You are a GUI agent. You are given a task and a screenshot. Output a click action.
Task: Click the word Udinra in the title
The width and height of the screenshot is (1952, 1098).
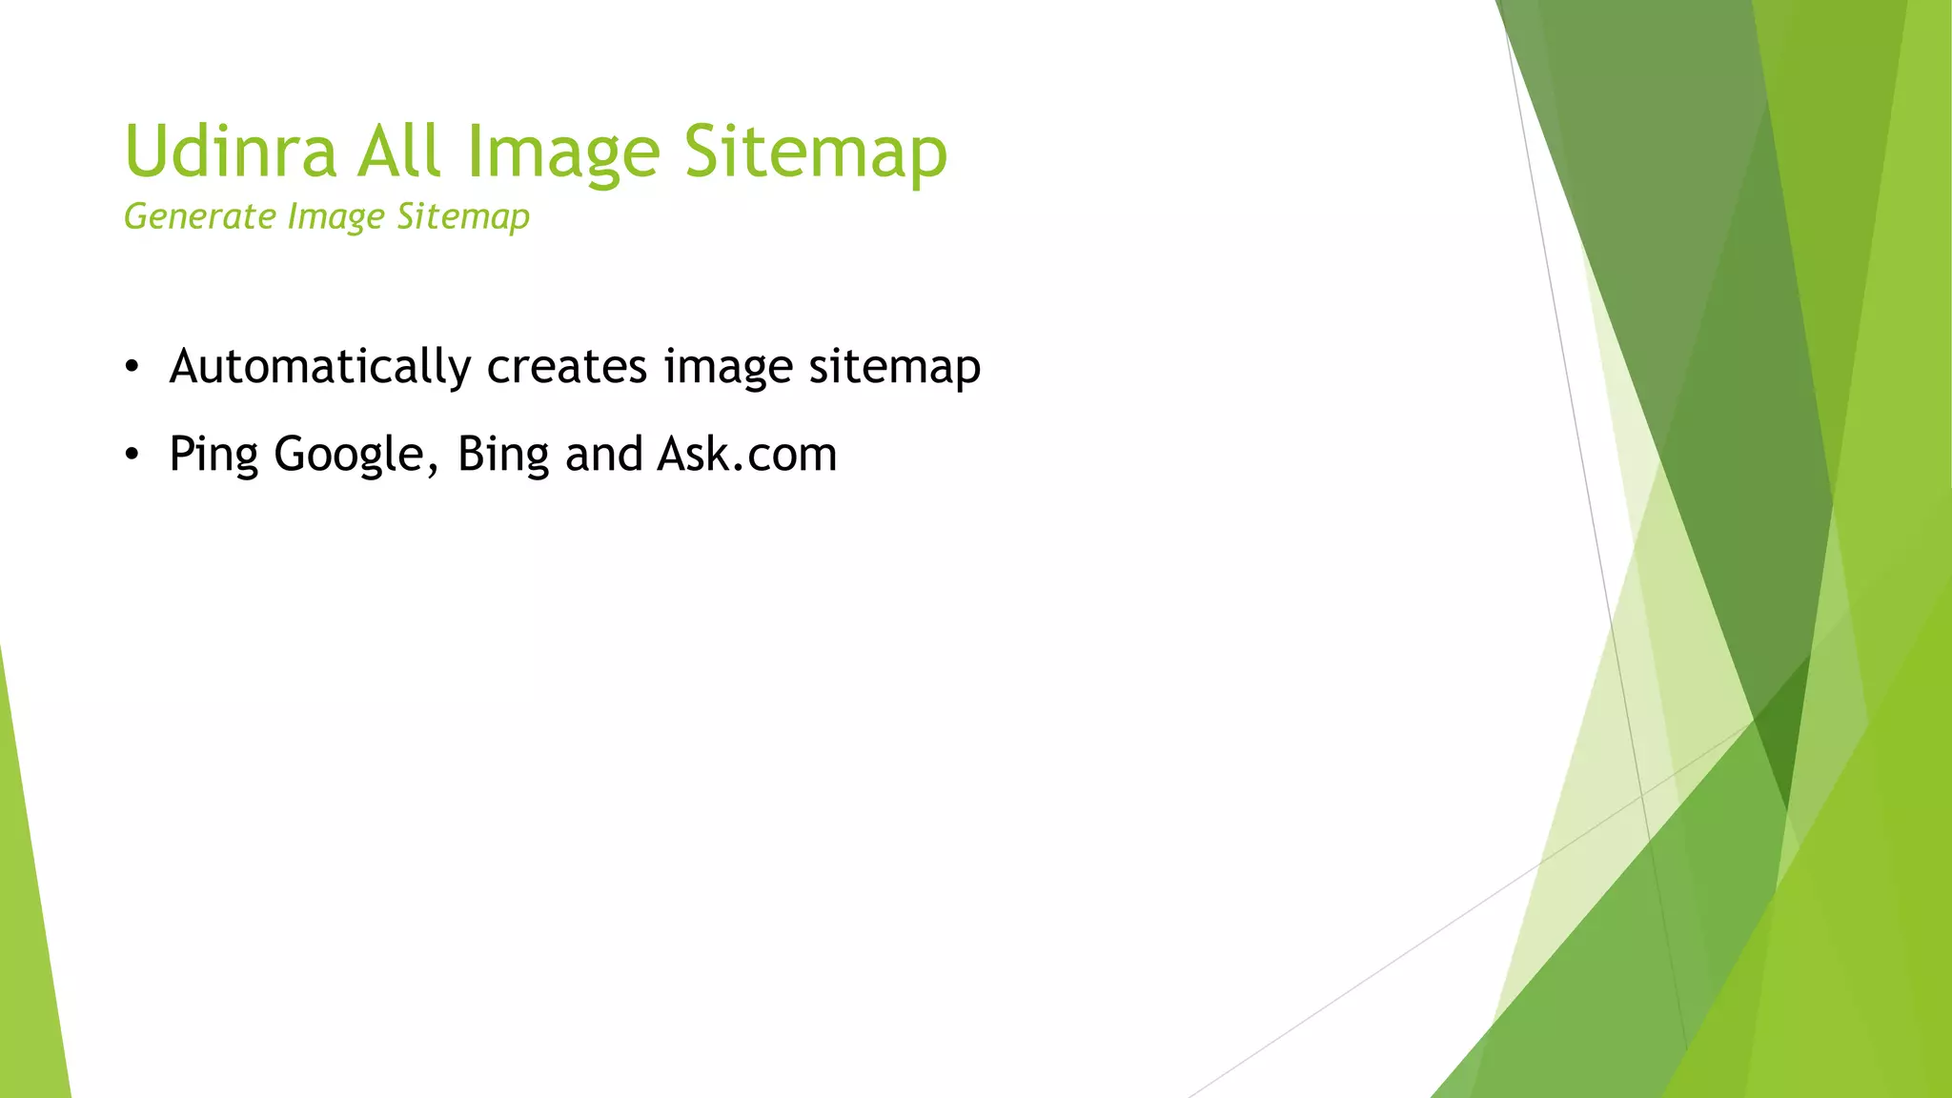(231, 152)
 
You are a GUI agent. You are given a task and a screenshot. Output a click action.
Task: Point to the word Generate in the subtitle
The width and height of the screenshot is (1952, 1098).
(200, 217)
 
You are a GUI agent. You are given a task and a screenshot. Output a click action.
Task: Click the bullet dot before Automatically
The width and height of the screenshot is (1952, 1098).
(132, 366)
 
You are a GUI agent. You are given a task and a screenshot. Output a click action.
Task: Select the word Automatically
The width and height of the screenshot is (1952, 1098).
(320, 367)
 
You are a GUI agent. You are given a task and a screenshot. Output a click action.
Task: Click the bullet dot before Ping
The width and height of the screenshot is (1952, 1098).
(132, 454)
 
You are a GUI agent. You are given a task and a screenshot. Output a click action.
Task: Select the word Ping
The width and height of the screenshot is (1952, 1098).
(213, 455)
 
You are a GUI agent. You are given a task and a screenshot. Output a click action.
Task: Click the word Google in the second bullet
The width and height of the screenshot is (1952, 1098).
(349, 455)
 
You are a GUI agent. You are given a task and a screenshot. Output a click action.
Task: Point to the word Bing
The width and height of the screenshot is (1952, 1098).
(502, 455)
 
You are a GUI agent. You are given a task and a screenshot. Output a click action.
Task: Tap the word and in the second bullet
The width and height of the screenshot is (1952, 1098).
(603, 454)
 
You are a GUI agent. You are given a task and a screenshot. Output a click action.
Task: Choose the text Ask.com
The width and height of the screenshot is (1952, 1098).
(747, 454)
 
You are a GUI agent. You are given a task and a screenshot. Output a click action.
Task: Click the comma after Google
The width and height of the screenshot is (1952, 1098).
(433, 469)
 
